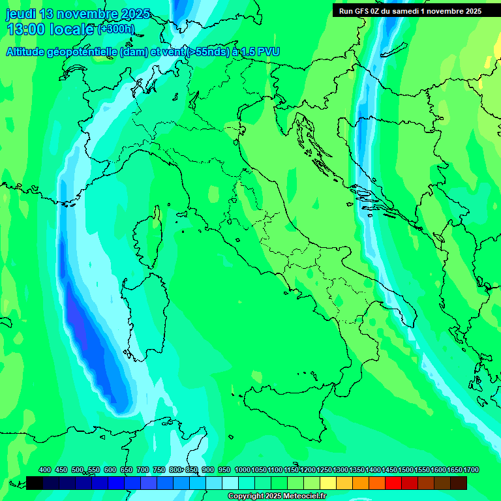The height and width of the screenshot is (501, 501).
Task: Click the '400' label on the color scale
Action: [x=45, y=470]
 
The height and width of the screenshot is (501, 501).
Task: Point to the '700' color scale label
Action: [x=143, y=470]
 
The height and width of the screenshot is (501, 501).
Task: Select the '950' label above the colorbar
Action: [x=224, y=470]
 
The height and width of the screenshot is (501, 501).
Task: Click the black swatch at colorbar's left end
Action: [x=35, y=483]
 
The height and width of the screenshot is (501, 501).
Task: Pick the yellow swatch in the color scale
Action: [x=328, y=483]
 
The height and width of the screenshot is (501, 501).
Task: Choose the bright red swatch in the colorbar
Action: [x=393, y=483]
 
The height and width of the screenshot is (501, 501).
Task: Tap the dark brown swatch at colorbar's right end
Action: [x=459, y=483]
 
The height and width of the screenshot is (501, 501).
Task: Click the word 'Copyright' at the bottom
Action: [x=247, y=496]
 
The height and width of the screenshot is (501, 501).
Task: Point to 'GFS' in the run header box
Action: [x=364, y=11]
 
